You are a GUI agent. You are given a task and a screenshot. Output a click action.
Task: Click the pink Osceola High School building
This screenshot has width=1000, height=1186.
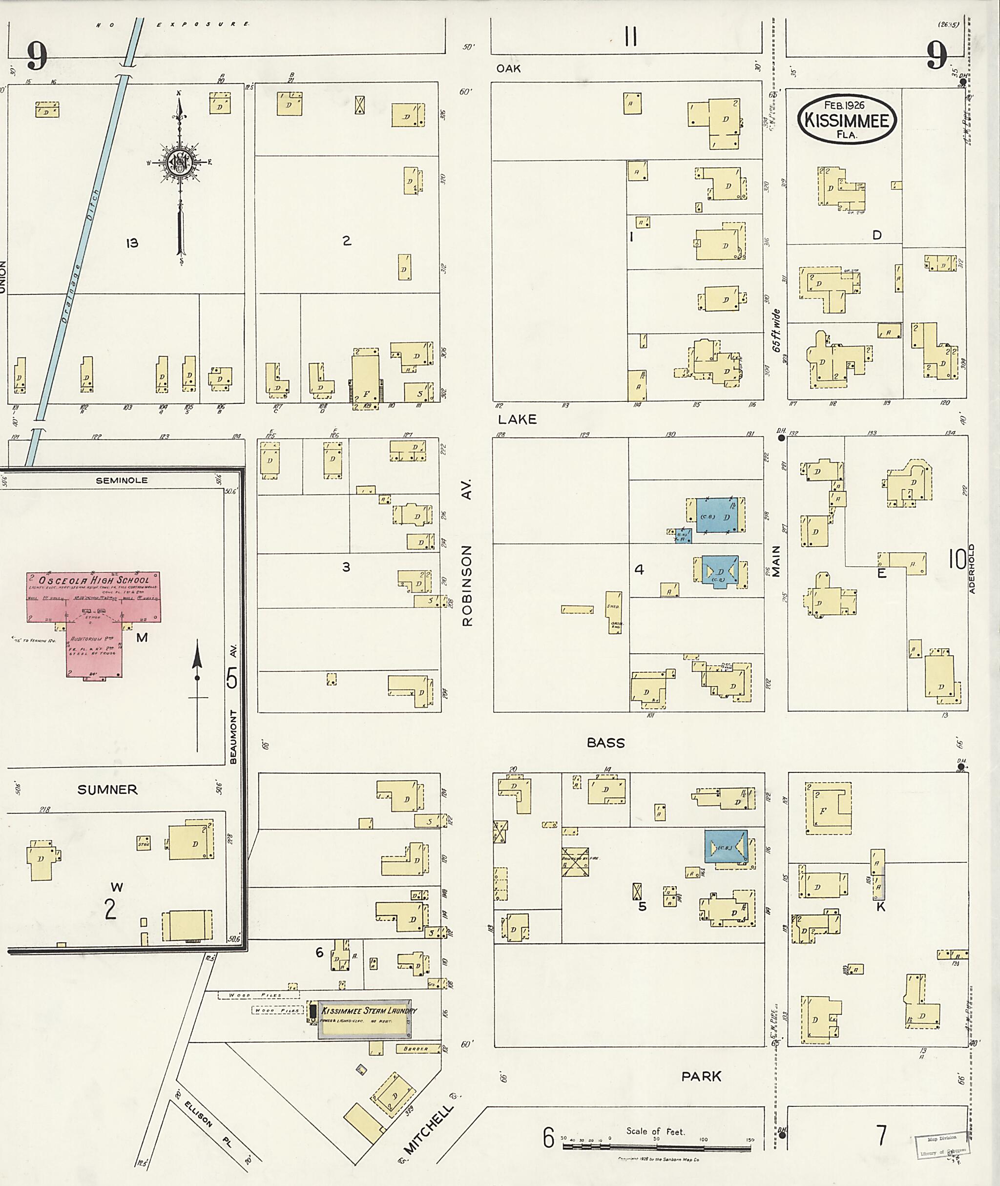[x=94, y=618]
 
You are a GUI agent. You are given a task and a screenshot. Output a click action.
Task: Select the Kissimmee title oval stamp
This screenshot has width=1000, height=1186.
[x=848, y=120]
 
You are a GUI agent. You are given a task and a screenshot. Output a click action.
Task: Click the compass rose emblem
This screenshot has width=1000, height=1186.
[x=180, y=163]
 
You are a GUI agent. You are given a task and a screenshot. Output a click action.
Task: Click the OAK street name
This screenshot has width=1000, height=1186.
[x=508, y=68]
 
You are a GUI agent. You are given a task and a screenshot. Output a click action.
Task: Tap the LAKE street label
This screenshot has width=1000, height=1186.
[x=517, y=419]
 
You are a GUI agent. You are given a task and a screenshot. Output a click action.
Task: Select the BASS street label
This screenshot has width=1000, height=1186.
[x=605, y=743]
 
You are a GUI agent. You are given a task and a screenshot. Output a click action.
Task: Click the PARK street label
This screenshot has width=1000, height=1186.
[x=701, y=1076]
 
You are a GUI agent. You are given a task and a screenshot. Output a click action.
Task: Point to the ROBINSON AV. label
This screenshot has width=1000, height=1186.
[x=467, y=552]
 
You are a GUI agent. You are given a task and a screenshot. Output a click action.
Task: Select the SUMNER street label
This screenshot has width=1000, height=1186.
[x=107, y=790]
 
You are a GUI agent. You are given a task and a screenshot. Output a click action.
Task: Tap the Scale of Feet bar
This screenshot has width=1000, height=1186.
[x=656, y=1147]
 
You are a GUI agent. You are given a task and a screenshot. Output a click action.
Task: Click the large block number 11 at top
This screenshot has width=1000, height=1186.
[x=630, y=38]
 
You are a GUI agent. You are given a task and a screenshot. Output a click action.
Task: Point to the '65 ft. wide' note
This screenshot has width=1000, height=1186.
[x=776, y=331]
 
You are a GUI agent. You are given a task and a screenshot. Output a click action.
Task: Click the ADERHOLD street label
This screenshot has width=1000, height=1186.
[x=972, y=569]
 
